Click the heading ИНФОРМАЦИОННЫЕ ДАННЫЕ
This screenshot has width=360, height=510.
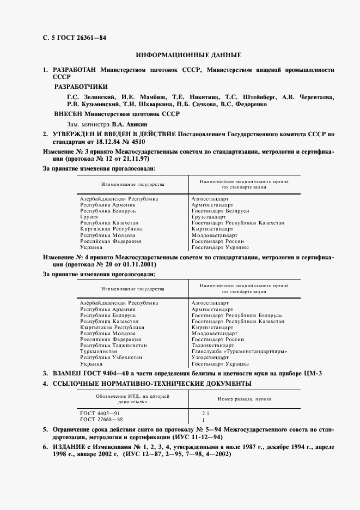[x=188, y=56]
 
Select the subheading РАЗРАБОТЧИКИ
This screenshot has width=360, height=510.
[x=81, y=87]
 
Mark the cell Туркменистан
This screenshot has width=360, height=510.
[x=99, y=351]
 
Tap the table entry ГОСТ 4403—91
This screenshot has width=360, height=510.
[x=101, y=414]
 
